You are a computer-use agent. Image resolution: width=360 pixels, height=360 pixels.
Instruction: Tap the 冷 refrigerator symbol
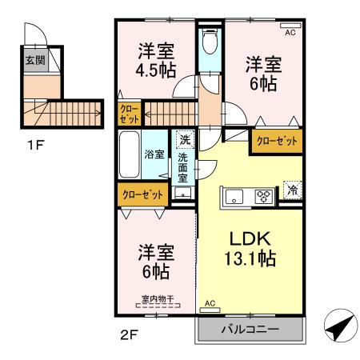(293, 190)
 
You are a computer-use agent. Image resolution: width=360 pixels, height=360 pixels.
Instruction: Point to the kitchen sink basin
(235, 195)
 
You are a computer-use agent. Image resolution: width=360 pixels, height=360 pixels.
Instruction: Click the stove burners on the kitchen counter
(263, 195)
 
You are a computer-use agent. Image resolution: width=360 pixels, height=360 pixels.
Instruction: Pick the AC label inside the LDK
(210, 304)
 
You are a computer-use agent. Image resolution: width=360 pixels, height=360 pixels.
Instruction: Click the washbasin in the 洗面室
(184, 193)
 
